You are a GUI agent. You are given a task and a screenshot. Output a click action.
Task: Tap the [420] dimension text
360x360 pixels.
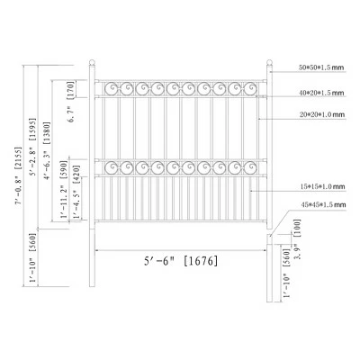(77, 193)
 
